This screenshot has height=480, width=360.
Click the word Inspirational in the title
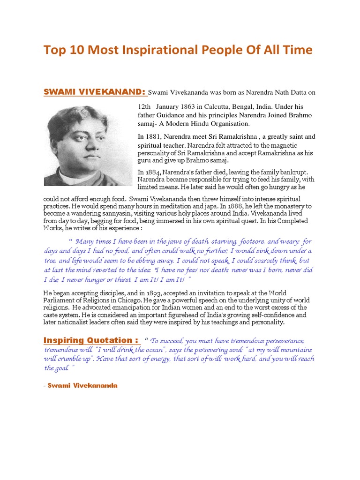(137, 50)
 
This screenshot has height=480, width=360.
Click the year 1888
(236, 206)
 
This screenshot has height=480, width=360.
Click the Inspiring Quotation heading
(90, 340)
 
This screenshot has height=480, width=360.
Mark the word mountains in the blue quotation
(293, 350)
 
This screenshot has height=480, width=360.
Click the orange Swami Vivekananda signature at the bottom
(82, 385)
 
